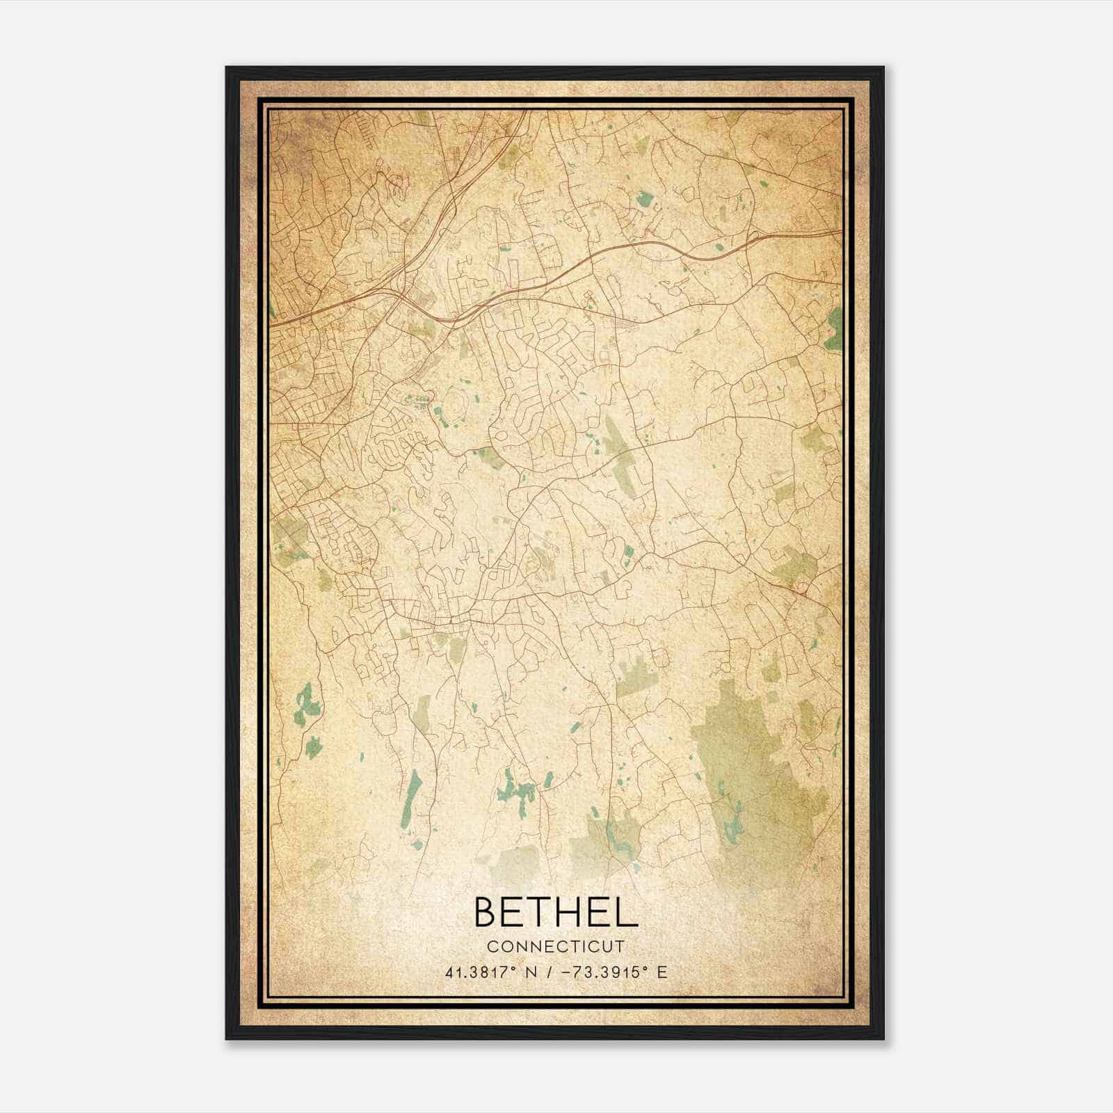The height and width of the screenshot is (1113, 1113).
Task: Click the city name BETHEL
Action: coord(555,912)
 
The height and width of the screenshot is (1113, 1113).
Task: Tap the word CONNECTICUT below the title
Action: coord(555,947)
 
